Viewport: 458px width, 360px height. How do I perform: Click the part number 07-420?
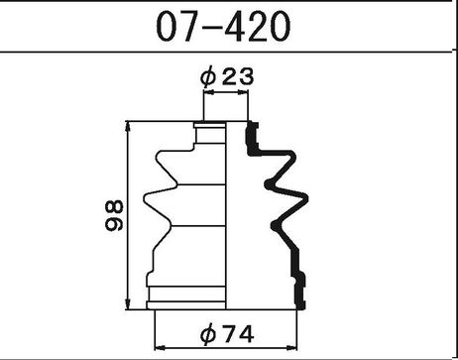point(223,27)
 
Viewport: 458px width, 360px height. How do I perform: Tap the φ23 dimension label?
point(227,77)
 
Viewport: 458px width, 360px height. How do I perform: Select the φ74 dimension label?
point(227,334)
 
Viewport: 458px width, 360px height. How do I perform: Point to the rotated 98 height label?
point(114,215)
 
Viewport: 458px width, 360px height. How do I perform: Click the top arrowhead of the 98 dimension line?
point(128,127)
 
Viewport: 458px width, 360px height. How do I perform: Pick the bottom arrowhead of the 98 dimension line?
point(128,304)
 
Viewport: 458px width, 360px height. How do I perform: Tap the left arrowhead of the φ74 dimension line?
point(160,348)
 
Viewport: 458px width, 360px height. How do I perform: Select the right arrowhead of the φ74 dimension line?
point(291,348)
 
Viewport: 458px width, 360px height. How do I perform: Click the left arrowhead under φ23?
point(209,92)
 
